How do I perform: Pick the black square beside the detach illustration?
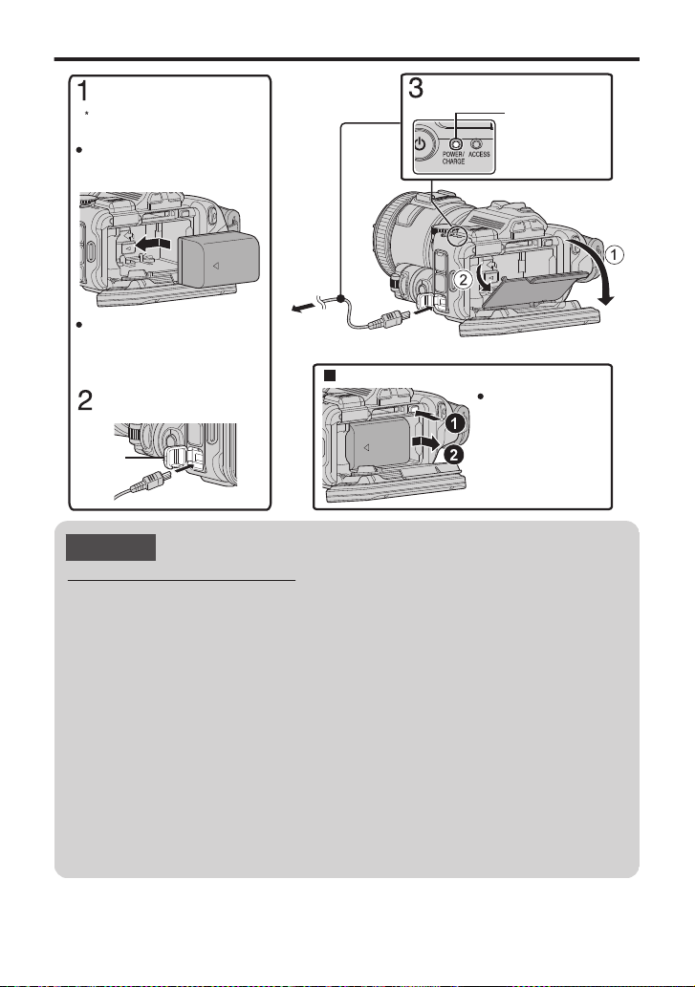tap(328, 375)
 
